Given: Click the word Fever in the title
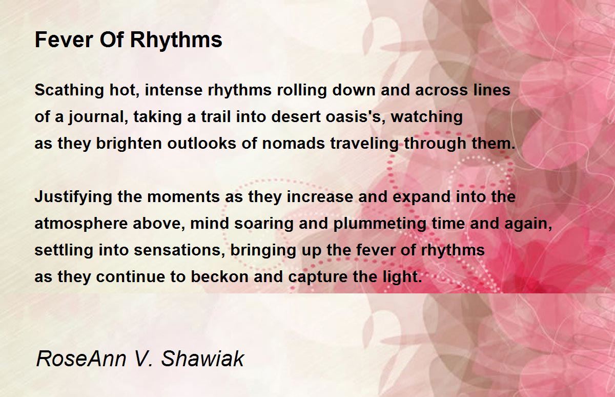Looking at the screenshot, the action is (x=64, y=39).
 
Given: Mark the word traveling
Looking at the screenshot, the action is (x=364, y=144).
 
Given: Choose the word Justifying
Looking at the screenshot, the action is (x=73, y=197).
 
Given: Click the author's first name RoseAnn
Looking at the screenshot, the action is (x=81, y=359).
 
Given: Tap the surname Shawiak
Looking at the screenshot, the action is (x=202, y=358).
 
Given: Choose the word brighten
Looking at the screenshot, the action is (x=129, y=144).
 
